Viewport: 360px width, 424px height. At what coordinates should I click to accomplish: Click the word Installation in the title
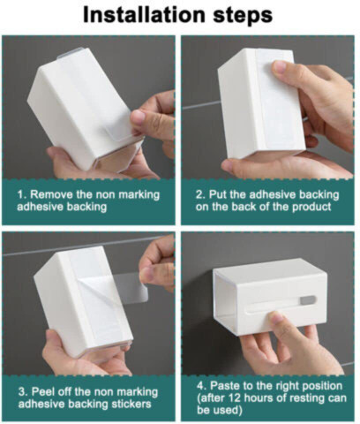144,14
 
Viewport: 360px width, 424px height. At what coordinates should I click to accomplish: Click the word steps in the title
243,16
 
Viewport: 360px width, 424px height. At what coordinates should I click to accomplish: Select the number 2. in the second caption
200,194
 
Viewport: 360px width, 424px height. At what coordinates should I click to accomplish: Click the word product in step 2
311,208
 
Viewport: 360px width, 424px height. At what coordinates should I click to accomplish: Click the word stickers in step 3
131,404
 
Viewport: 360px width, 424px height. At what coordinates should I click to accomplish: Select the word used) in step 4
229,410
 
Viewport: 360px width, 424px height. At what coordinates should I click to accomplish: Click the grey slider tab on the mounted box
307,300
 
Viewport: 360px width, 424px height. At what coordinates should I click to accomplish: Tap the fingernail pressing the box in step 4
276,318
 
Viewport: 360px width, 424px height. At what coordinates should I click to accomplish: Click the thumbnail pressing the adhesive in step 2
279,66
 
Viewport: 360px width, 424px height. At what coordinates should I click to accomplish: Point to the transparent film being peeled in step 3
130,287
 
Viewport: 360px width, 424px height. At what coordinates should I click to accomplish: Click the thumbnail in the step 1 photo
138,117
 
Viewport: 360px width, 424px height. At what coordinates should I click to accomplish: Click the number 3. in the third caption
23,392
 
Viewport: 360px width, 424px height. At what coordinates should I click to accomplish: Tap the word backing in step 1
86,207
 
